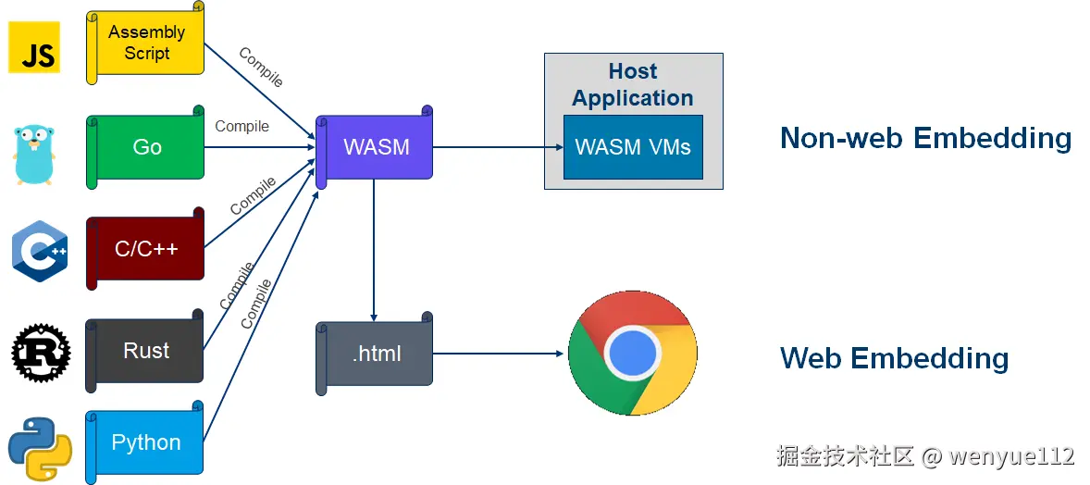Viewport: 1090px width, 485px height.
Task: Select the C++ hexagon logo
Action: [x=39, y=251]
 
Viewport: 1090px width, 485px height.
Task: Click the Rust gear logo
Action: [x=40, y=352]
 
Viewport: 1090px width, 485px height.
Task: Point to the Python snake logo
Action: [x=40, y=447]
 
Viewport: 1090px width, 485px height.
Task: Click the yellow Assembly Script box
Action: [x=146, y=44]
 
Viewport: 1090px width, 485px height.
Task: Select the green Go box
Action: [x=146, y=147]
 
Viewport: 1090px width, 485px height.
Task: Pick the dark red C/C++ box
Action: [x=146, y=249]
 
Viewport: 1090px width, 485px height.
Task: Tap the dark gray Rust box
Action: [x=146, y=351]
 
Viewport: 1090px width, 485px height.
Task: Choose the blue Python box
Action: [x=146, y=442]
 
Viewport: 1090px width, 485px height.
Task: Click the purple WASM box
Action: [x=376, y=147]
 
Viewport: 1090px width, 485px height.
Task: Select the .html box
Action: [x=376, y=354]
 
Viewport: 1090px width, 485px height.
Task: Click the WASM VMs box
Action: [x=633, y=147]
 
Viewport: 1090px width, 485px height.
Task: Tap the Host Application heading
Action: [x=633, y=84]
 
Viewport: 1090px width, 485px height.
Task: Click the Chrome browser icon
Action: [x=633, y=354]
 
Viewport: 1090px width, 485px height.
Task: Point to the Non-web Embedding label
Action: [x=925, y=138]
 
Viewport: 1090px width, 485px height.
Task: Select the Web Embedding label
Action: [x=894, y=358]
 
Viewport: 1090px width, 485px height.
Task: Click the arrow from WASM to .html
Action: [x=374, y=250]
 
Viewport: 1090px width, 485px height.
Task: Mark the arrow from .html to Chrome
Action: [x=500, y=354]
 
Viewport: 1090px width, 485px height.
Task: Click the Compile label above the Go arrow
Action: [x=242, y=127]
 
